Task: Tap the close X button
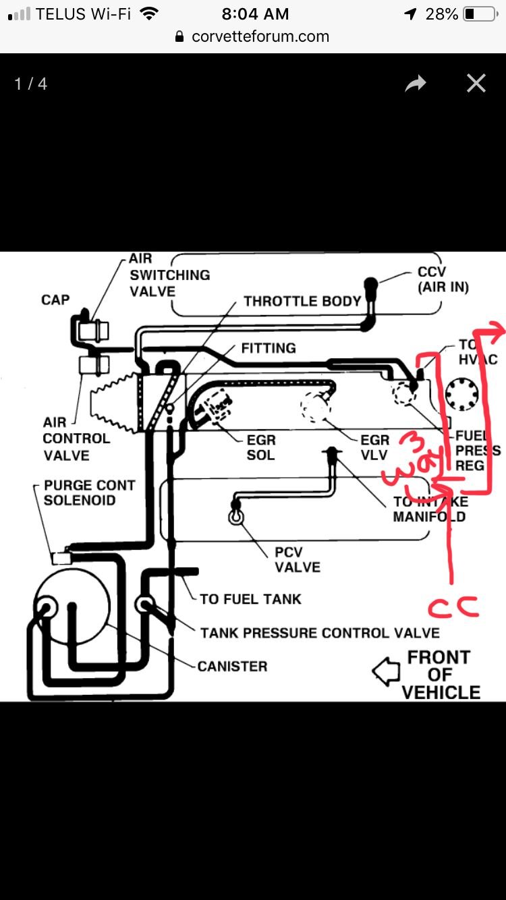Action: click(x=476, y=83)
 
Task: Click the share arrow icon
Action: click(x=416, y=84)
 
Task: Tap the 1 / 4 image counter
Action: click(x=30, y=84)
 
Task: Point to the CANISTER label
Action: click(x=232, y=666)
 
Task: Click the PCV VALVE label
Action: click(x=297, y=560)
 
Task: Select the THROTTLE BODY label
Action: click(x=302, y=301)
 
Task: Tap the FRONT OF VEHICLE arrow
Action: click(x=387, y=672)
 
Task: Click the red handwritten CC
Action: click(x=453, y=606)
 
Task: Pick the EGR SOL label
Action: click(x=260, y=447)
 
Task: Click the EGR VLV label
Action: click(x=375, y=447)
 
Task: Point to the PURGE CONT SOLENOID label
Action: click(x=89, y=493)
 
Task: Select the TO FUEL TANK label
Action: click(x=250, y=598)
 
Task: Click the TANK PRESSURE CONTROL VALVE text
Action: click(x=320, y=633)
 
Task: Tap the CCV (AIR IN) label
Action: click(x=443, y=280)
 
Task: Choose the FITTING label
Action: click(x=269, y=348)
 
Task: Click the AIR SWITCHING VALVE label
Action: click(x=169, y=275)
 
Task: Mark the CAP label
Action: click(x=55, y=300)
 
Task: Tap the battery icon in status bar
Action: click(x=479, y=13)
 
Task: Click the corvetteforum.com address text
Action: click(x=260, y=36)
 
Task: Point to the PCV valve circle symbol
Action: click(x=235, y=517)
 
